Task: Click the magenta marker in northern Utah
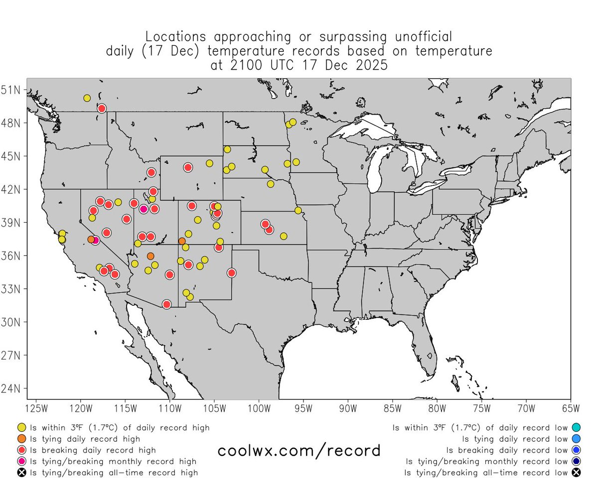point(144,209)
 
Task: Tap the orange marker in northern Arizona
point(150,256)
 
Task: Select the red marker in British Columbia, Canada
point(102,109)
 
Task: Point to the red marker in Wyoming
point(188,167)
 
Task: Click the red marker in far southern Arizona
point(166,304)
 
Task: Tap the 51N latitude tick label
point(14,90)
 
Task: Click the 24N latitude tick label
point(14,388)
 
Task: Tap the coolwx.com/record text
point(299,451)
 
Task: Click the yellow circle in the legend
point(21,428)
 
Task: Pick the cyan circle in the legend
point(576,428)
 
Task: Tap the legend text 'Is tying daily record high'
point(85,439)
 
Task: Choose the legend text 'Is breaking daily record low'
point(507,450)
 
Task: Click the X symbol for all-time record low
point(576,473)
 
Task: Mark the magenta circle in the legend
point(21,462)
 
